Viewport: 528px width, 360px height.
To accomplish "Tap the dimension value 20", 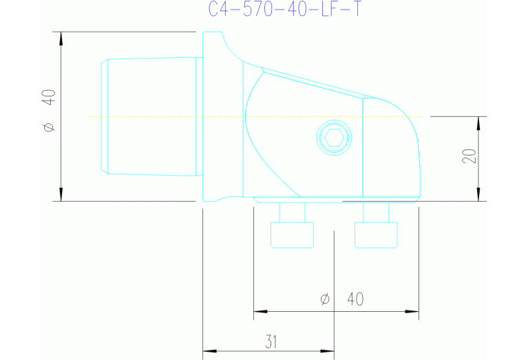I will (469, 156).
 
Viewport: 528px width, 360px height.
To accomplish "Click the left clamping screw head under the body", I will (293, 235).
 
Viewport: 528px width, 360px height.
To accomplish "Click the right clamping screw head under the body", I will (377, 235).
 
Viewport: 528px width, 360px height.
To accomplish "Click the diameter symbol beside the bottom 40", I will (325, 299).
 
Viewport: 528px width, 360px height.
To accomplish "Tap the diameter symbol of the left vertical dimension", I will (48, 127).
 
